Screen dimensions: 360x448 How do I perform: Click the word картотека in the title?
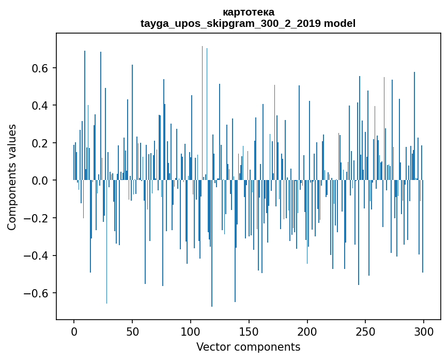pyautogui.click(x=248, y=12)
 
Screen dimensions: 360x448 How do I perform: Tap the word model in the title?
pyautogui.click(x=339, y=23)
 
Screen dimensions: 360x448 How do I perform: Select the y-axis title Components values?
pyautogui.click(x=12, y=177)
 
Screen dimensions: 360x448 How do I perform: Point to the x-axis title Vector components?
pyautogui.click(x=248, y=347)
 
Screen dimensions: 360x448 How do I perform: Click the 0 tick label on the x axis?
pyautogui.click(x=74, y=331)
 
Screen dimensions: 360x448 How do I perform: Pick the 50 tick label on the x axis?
pyautogui.click(x=132, y=331)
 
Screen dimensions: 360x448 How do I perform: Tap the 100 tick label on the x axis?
pyautogui.click(x=191, y=331)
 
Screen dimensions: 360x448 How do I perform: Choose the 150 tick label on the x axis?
pyautogui.click(x=249, y=331)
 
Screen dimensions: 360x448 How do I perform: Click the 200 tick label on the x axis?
pyautogui.click(x=307, y=331)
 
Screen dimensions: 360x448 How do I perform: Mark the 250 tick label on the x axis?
pyautogui.click(x=365, y=331)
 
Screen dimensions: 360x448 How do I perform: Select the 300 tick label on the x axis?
pyautogui.click(x=424, y=331)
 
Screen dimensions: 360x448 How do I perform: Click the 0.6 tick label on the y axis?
pyautogui.click(x=41, y=68)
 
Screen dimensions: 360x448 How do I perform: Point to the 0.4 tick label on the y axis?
pyautogui.click(x=41, y=106)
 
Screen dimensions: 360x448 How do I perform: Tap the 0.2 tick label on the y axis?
pyautogui.click(x=41, y=143)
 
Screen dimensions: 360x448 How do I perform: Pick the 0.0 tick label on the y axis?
pyautogui.click(x=41, y=181)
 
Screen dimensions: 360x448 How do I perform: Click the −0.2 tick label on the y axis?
pyautogui.click(x=37, y=218)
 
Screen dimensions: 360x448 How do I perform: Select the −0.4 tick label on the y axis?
pyautogui.click(x=37, y=256)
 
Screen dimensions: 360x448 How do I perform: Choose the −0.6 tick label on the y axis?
pyautogui.click(x=37, y=293)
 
